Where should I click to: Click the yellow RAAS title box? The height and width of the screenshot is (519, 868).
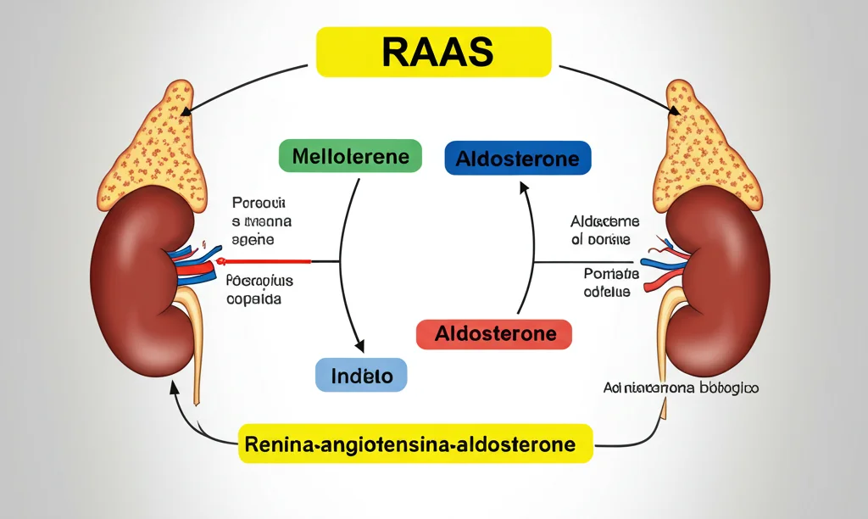[433, 52]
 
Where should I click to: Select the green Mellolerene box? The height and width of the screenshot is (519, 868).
[350, 157]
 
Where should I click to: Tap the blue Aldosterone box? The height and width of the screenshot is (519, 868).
[518, 159]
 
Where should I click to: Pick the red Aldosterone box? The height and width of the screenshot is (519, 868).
[494, 333]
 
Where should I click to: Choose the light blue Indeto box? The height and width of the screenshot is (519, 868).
[361, 374]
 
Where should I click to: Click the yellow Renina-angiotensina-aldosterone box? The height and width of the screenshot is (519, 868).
[415, 444]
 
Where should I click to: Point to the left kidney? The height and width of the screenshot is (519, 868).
[136, 288]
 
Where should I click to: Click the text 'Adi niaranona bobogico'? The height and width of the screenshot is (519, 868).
[681, 388]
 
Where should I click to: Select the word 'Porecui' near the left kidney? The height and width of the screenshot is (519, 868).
[259, 204]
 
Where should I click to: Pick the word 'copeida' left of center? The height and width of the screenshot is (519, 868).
[255, 299]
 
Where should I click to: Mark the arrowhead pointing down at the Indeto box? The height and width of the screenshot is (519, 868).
[359, 346]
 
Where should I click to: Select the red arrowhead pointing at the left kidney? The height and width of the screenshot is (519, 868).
[222, 262]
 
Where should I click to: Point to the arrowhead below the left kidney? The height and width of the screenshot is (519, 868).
[174, 387]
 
